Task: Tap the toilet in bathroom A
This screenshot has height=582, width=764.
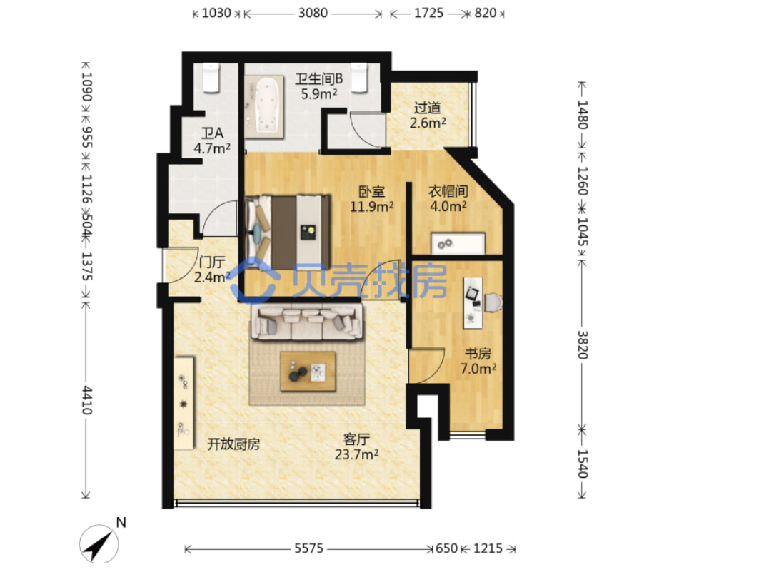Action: (x=211, y=77)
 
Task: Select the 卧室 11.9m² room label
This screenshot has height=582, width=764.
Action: (x=372, y=199)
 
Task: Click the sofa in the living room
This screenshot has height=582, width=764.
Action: (x=307, y=322)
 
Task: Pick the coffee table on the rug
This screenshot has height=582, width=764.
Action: (x=308, y=372)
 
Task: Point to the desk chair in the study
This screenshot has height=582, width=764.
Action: (x=493, y=302)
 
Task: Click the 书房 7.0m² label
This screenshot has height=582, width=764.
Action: (x=478, y=361)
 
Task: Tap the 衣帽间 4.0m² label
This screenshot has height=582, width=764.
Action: (x=448, y=198)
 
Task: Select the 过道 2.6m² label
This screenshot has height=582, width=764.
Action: (x=427, y=116)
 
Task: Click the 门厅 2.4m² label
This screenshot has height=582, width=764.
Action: (x=212, y=270)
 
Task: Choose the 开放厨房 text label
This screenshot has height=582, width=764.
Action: (x=234, y=444)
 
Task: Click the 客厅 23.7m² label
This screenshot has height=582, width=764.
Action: (x=356, y=446)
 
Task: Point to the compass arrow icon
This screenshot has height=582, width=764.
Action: (x=99, y=544)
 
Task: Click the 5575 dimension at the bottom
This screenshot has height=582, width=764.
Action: (x=308, y=549)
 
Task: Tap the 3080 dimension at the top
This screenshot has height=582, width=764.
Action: (x=313, y=13)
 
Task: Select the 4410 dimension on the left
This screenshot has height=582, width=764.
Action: (x=86, y=400)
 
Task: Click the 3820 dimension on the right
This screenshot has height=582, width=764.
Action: (x=583, y=344)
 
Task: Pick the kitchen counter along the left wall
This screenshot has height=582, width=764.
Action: (x=184, y=404)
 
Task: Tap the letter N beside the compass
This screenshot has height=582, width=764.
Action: (x=121, y=523)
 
